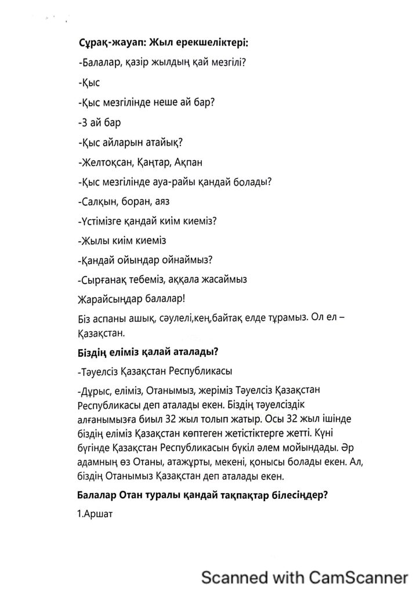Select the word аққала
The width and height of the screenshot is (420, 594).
tap(189, 280)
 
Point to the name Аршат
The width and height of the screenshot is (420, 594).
tap(97, 513)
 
